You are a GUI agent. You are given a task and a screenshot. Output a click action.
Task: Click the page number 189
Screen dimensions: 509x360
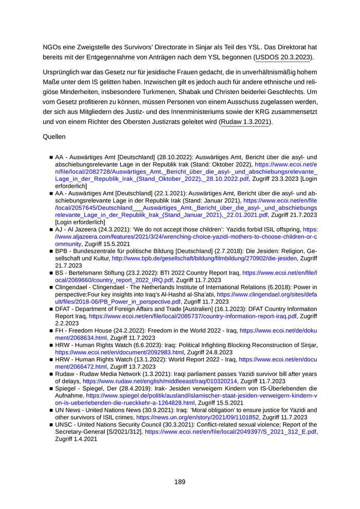coord(179,482)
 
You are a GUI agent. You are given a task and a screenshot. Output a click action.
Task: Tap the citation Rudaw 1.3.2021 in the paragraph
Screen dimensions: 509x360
coord(245,122)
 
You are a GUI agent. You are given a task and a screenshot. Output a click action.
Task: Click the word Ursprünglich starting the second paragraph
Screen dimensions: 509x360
coord(63,74)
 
